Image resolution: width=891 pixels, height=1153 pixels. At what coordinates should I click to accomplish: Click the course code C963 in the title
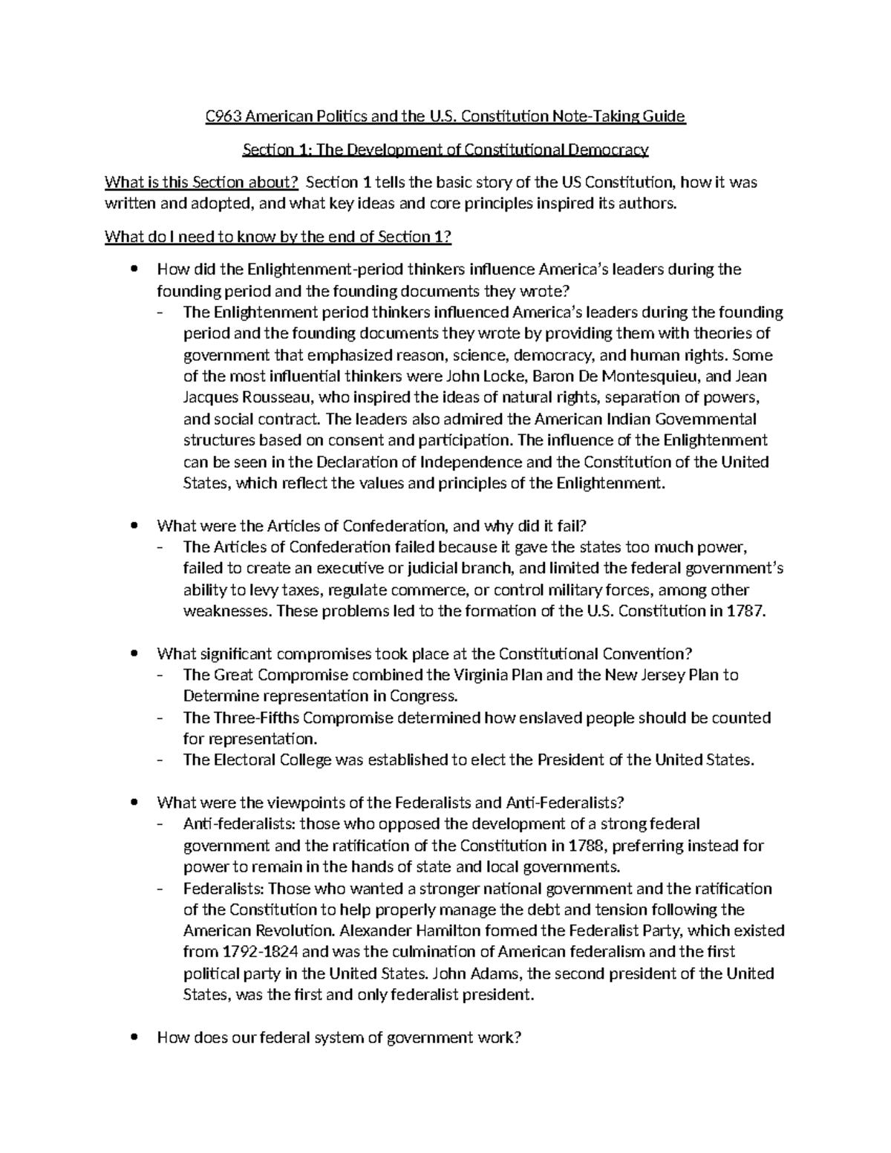pyautogui.click(x=223, y=117)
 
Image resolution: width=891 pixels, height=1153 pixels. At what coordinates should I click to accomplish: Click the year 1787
pyautogui.click(x=745, y=612)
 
